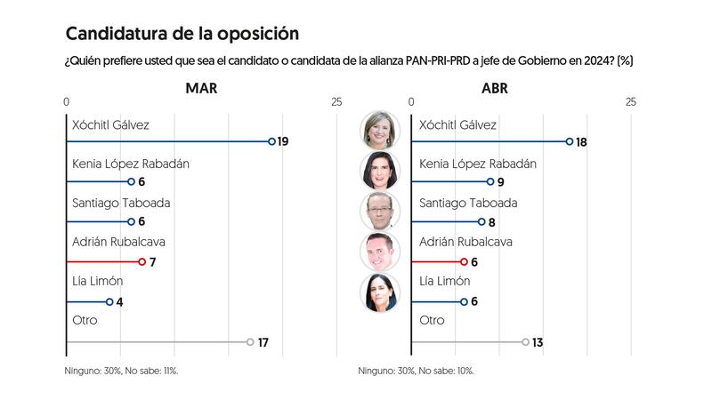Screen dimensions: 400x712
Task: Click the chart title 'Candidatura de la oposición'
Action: click(x=182, y=34)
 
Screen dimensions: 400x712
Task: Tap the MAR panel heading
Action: click(x=201, y=88)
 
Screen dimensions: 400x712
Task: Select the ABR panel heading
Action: click(x=495, y=88)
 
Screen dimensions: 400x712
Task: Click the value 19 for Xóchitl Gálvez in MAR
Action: click(x=283, y=141)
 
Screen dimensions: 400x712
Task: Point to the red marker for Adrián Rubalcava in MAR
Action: click(x=142, y=261)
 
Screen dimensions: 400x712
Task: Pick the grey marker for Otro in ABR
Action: click(x=525, y=342)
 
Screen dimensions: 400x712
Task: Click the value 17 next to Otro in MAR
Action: click(x=263, y=342)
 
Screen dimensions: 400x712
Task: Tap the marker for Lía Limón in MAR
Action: click(x=109, y=301)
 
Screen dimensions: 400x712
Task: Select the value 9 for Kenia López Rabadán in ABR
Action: click(x=501, y=181)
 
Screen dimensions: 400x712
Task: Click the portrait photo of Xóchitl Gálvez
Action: click(x=380, y=130)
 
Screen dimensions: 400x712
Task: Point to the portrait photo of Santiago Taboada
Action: click(x=380, y=211)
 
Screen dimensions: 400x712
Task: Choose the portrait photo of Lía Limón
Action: click(x=380, y=292)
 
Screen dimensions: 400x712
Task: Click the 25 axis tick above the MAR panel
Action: click(x=336, y=103)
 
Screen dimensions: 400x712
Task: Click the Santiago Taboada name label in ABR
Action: click(x=467, y=203)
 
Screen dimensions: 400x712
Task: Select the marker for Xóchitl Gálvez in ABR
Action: click(x=570, y=141)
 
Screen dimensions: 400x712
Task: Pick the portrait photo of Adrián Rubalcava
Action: click(x=380, y=252)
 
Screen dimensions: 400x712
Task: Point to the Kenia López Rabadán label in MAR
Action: click(x=130, y=164)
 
